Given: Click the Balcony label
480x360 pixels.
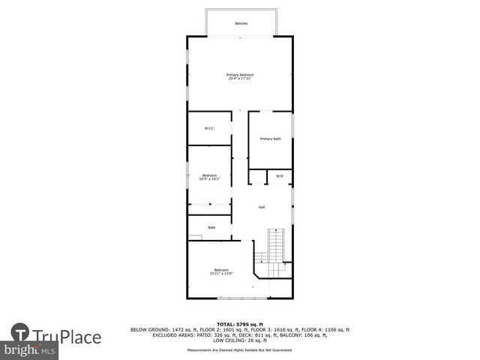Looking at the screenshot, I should (241, 24).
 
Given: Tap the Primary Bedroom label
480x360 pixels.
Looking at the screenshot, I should (241, 74).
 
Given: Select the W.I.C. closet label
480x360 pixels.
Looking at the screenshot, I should (209, 128).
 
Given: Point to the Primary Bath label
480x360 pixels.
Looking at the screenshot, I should (270, 139).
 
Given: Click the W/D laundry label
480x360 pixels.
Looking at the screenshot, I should (279, 176).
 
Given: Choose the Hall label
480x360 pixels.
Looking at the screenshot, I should (262, 207).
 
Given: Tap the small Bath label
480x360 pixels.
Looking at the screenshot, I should (211, 227).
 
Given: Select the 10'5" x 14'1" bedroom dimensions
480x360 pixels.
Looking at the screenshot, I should (208, 178).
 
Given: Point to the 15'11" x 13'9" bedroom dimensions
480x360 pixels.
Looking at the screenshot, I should (221, 274).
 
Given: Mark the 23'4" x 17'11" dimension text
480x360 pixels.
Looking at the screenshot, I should (241, 78).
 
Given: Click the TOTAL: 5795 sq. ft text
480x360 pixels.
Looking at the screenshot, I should (240, 323).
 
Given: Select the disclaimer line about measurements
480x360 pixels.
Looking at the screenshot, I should (240, 349).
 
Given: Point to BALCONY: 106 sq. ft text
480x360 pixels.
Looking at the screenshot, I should (310, 334).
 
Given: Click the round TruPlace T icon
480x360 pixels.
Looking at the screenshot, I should (20, 333).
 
